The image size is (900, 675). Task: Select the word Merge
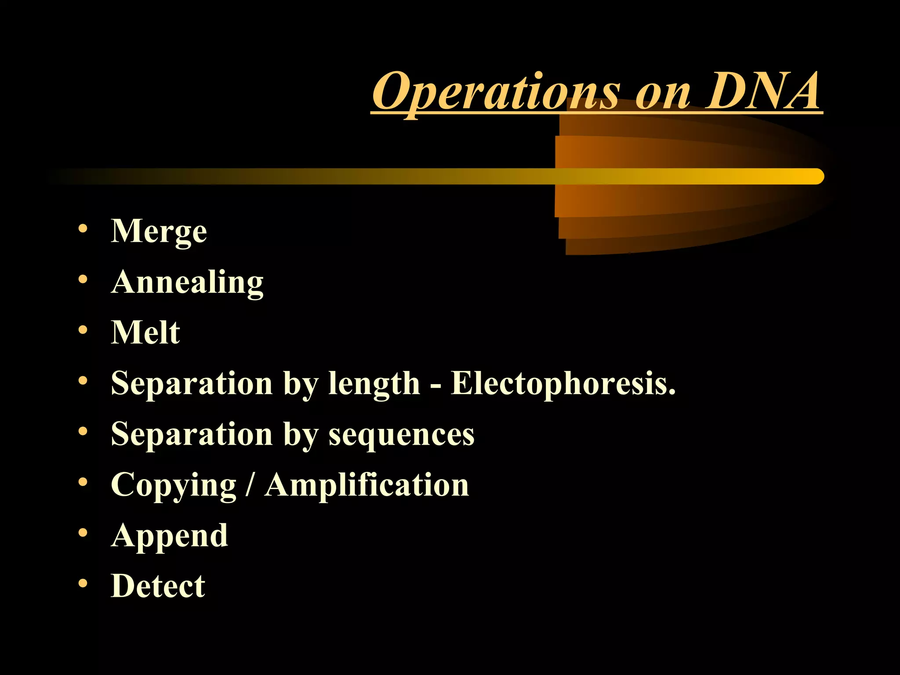click(159, 231)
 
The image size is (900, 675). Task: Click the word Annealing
click(187, 282)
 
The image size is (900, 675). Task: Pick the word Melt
click(145, 332)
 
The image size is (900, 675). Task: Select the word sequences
click(402, 434)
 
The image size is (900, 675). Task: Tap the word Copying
click(174, 485)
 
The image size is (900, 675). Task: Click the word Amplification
click(367, 485)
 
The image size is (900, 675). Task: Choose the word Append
click(169, 536)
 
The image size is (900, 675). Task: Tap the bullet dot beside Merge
click(83, 229)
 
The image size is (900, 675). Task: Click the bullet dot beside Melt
click(83, 330)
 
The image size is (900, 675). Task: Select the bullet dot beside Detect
click(83, 584)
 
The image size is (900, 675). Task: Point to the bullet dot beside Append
click(83, 533)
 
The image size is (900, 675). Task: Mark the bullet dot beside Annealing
click(83, 279)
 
